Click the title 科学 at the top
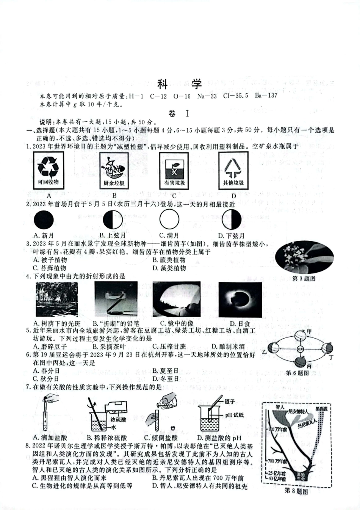tap(179, 83)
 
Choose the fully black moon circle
tap(44, 220)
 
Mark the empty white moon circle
tap(169, 220)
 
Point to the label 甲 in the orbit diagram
tap(309, 331)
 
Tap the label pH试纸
tap(234, 415)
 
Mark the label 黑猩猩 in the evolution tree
tap(322, 409)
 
